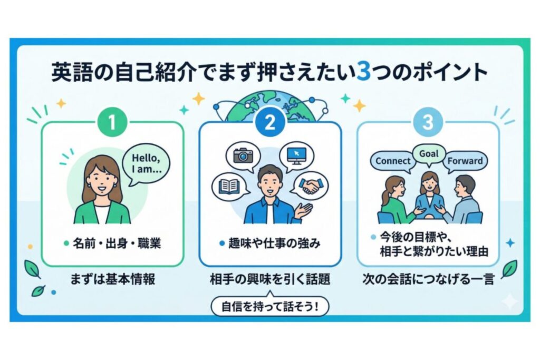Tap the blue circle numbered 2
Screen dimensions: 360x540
coord(269,122)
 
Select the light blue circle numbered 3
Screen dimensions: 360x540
coord(428,122)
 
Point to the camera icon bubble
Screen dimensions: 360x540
coord(243,155)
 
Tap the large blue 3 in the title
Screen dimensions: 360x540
coord(362,72)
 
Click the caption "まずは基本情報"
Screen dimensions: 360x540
coord(112,279)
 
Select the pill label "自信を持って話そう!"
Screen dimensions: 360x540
coord(270,306)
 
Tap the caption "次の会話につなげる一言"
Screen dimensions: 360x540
coord(428,279)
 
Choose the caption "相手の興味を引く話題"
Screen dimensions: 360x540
coord(270,279)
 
